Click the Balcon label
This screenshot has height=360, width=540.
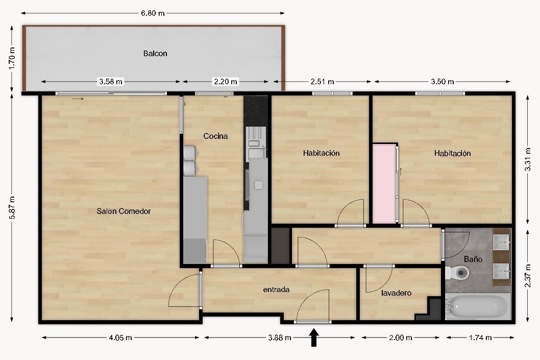point(155,54)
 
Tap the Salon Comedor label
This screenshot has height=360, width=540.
point(124,211)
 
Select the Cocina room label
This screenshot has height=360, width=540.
point(215,136)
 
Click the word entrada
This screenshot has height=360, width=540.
point(276,290)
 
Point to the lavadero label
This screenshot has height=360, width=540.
point(397,293)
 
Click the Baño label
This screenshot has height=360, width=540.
point(473,259)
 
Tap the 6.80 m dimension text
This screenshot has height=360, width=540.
point(153,13)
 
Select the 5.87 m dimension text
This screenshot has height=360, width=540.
point(12,207)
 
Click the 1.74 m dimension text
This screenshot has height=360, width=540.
point(480,338)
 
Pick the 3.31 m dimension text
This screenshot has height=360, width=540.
point(528,159)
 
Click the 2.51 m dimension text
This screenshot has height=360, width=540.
point(323,82)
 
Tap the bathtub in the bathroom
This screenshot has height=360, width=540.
point(478,306)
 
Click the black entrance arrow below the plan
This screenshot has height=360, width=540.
point(314,337)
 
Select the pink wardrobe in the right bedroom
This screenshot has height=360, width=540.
point(384,184)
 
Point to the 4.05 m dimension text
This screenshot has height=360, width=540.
point(120,338)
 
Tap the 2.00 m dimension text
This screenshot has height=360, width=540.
point(401,338)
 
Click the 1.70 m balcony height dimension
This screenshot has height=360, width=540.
point(12,58)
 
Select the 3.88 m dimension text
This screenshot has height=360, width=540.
point(280,338)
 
